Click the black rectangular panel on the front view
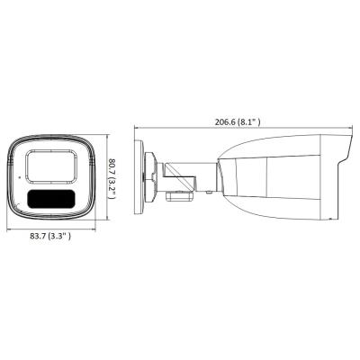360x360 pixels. tap(51, 199)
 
